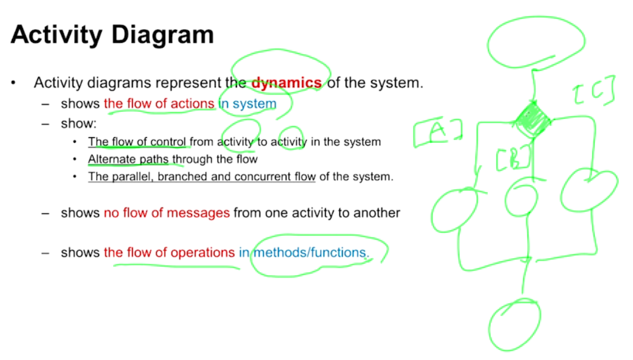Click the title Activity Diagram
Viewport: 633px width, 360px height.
click(x=112, y=35)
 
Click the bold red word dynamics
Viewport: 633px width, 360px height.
click(x=286, y=83)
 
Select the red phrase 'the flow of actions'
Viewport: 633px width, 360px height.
click(x=159, y=103)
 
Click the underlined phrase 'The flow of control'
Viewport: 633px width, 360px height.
click(x=137, y=142)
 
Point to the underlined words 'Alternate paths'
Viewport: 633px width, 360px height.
click(x=128, y=159)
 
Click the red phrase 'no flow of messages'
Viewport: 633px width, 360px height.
click(x=167, y=213)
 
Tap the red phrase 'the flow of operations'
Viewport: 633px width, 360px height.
click(x=169, y=253)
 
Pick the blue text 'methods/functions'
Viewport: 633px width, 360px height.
click(x=310, y=253)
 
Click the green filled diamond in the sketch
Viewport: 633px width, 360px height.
click(x=533, y=119)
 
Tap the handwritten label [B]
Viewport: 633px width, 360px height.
click(x=514, y=158)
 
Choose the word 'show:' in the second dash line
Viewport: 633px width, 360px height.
click(x=79, y=123)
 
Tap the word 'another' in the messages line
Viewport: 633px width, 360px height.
click(x=378, y=213)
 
